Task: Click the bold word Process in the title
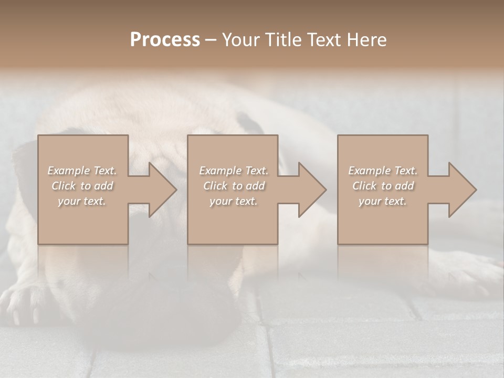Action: tap(165, 40)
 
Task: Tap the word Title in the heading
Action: tap(283, 40)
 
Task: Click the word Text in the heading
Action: tap(324, 40)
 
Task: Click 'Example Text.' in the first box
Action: tap(82, 171)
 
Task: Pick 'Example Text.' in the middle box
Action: tap(234, 171)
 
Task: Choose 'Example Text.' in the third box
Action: tap(383, 171)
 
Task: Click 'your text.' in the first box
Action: tap(82, 201)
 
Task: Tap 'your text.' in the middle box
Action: tap(234, 201)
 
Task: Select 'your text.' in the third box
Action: tap(383, 201)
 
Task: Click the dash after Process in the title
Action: tap(211, 40)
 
